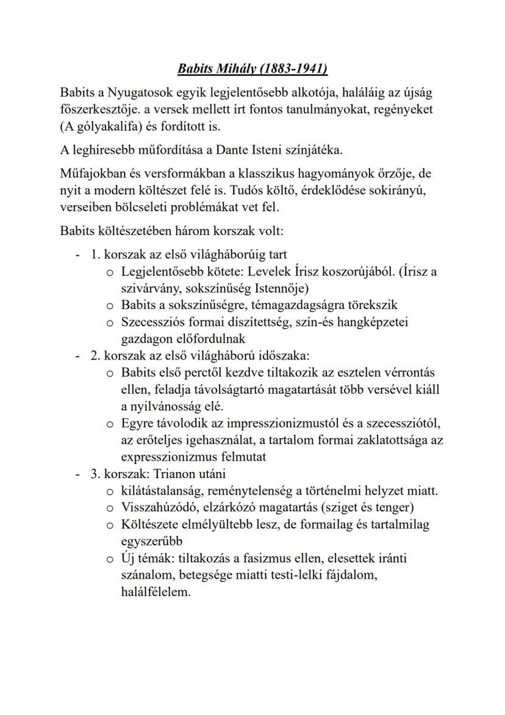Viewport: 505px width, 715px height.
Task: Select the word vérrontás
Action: [x=413, y=372]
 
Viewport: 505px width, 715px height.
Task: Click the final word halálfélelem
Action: [x=151, y=591]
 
